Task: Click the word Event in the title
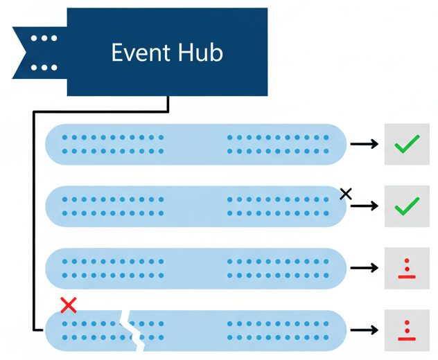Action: point(137,53)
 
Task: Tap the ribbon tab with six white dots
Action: point(43,53)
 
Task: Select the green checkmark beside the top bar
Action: point(407,144)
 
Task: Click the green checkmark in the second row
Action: point(407,206)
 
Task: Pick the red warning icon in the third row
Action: point(407,269)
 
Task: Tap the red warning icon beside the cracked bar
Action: point(407,330)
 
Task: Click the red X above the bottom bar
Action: point(68,305)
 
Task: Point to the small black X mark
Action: point(346,194)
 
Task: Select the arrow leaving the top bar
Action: point(364,144)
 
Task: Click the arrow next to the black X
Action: point(364,206)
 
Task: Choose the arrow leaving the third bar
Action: point(364,269)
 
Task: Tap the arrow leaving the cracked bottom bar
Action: point(364,330)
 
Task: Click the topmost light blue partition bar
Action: point(195,144)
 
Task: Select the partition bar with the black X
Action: point(195,206)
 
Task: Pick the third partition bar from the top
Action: point(195,269)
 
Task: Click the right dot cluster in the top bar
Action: point(278,144)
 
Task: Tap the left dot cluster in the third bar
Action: point(113,269)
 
